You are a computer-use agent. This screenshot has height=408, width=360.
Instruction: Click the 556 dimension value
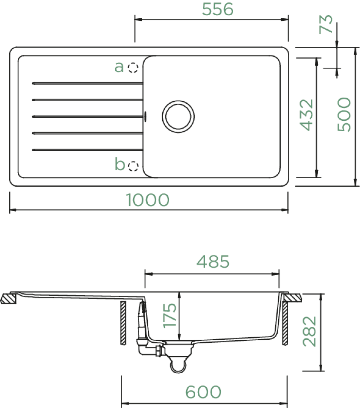pos(218,9)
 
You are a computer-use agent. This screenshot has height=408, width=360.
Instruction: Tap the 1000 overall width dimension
pos(148,200)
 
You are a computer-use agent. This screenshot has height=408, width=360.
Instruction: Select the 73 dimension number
pos(326,24)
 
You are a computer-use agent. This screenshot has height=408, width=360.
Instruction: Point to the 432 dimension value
pos(306,115)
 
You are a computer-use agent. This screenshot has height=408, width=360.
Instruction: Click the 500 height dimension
pos(344,114)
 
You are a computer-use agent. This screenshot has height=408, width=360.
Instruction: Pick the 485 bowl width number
pos(213,261)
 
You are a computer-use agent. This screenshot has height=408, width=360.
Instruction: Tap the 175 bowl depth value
pos(169,316)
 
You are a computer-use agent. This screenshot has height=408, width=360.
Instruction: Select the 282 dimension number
pos(309,332)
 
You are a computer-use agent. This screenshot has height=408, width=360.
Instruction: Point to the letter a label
pos(119,67)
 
